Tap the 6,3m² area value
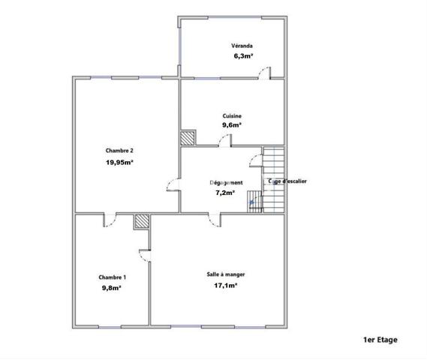tap(242, 55)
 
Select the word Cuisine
tap(232, 115)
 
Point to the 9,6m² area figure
tap(232, 125)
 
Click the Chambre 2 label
tap(120, 151)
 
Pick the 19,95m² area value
tap(120, 161)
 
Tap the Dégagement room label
tap(226, 182)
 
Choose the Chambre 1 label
tap(112, 276)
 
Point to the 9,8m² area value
tap(112, 286)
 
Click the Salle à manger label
tap(226, 274)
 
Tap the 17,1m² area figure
tap(226, 285)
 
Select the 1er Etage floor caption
tap(380, 340)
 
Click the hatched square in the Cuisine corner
tap(188, 139)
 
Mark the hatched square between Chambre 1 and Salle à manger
tap(141, 221)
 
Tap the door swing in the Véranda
tap(264, 71)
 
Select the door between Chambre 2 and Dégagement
tap(174, 187)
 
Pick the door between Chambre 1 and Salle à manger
tap(144, 254)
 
